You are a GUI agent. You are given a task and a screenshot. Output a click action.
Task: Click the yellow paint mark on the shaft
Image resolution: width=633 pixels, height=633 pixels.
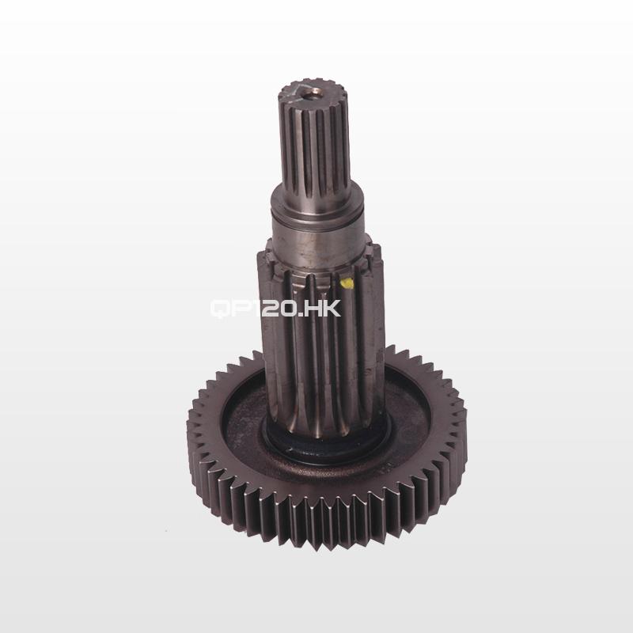click(347, 283)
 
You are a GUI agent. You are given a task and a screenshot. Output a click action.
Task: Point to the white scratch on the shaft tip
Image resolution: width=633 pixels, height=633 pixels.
click(294, 91)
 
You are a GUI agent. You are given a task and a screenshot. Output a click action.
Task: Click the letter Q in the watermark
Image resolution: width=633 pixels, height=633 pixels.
click(221, 309)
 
